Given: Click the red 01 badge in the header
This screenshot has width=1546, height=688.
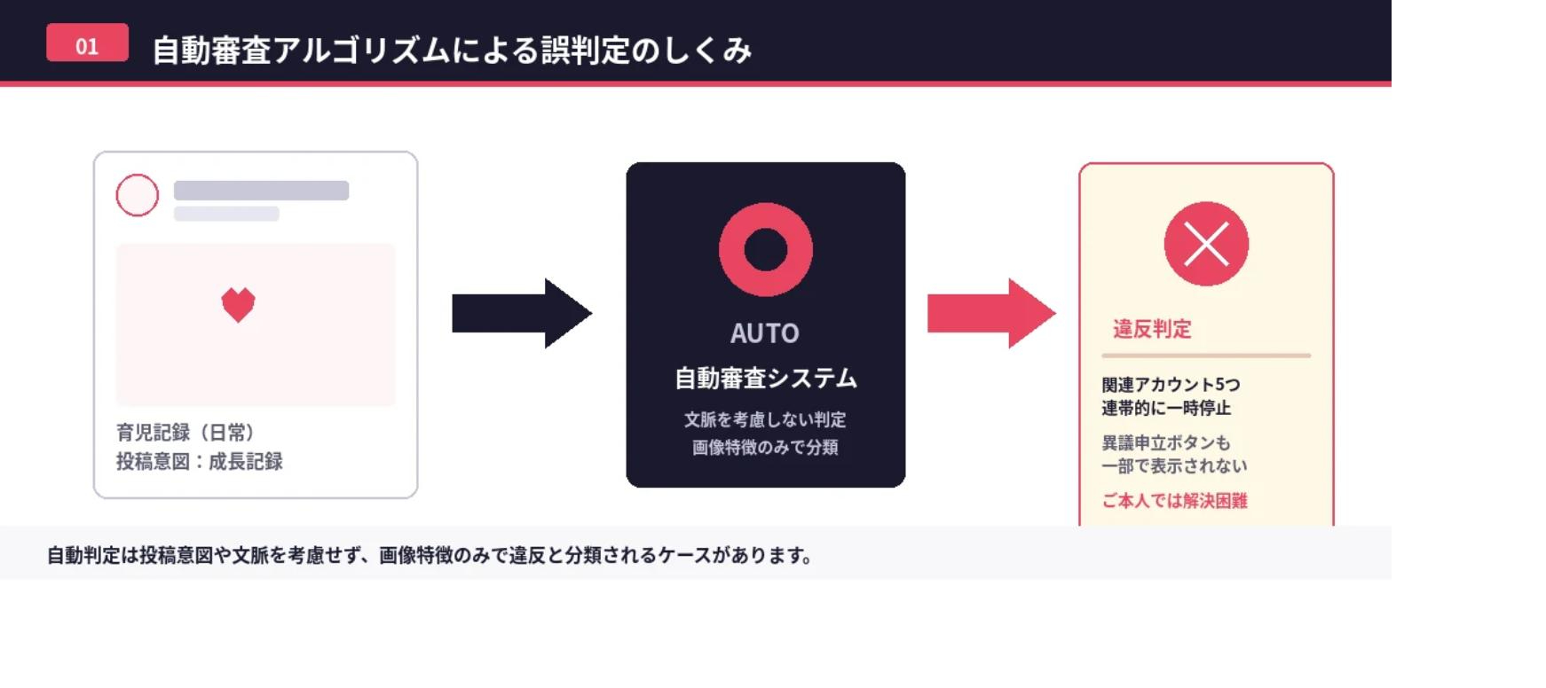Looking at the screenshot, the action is click(87, 43).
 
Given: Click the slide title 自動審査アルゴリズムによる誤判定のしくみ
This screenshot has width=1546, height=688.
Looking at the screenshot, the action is click(452, 51).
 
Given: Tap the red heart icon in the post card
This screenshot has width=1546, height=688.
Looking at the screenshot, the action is click(238, 305).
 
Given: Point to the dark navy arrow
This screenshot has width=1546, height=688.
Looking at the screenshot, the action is click(522, 313).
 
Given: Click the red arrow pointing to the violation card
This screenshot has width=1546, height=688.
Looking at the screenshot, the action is click(991, 313).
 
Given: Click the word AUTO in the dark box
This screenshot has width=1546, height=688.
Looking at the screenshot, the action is click(765, 333).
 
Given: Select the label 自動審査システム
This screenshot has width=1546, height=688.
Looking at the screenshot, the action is click(766, 379).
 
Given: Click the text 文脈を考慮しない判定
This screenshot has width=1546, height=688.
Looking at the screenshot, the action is click(765, 419).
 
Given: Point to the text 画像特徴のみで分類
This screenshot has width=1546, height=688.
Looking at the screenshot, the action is click(765, 447).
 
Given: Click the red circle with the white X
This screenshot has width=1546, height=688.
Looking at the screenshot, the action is click(1206, 244).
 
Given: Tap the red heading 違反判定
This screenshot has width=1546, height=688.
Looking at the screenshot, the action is click(1152, 329).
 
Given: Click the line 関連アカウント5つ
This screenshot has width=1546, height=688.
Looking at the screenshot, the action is click(1171, 385).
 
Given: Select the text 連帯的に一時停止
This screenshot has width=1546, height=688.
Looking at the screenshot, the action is click(1166, 408).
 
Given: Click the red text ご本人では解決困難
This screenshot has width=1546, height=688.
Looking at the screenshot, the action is click(1174, 501).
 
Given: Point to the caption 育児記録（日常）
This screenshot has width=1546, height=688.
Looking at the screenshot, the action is click(185, 433).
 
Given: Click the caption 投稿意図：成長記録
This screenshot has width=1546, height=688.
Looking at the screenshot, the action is click(200, 461).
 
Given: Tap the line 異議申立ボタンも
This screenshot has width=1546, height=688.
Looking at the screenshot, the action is click(1166, 442).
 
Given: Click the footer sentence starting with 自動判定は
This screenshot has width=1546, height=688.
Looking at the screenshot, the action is click(430, 556).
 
